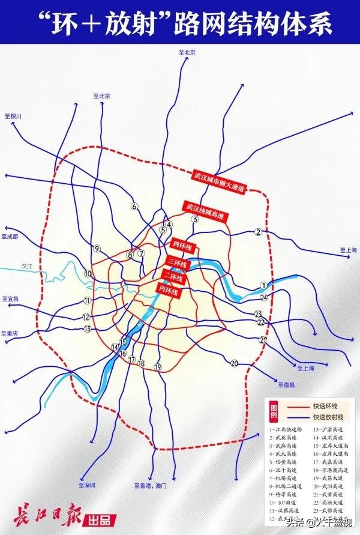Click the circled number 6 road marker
click(134, 207)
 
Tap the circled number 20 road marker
click(235, 363)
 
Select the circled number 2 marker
click(258, 232)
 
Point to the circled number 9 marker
click(96, 249)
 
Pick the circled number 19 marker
click(158, 366)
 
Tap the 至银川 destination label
click(12, 116)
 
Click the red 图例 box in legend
click(273, 411)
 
